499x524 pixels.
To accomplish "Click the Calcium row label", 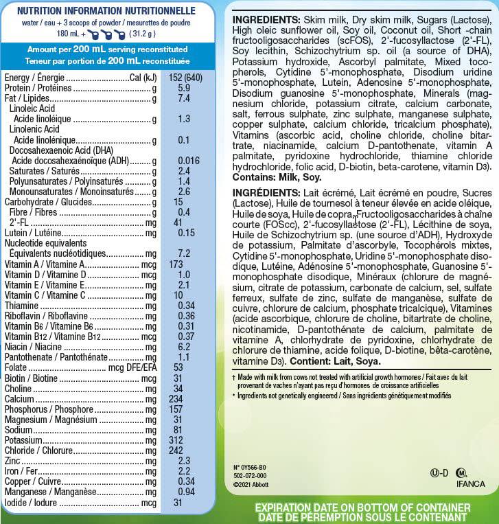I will click(19, 398).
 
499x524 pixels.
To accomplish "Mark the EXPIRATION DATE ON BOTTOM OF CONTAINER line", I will click(362, 508).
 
